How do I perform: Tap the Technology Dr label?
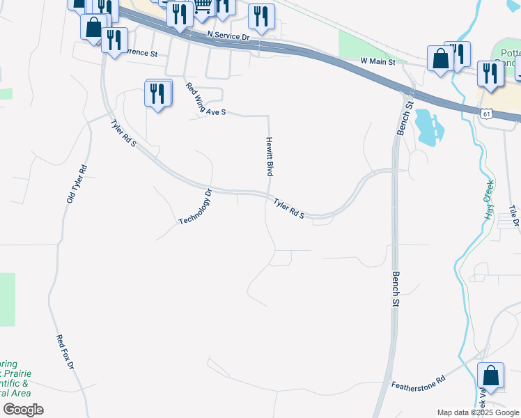tap(194, 207)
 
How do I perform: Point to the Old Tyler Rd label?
tap(76, 184)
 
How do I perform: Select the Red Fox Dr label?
tap(65, 352)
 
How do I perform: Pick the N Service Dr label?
tap(228, 35)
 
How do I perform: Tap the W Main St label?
tap(378, 61)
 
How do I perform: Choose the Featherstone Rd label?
tap(418, 383)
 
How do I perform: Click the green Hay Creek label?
tap(489, 200)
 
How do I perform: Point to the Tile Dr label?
tap(514, 216)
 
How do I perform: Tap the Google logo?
tap(22, 410)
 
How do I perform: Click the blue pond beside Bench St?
tap(428, 127)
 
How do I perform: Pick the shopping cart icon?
tap(203, 6)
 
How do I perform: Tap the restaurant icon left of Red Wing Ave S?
tap(158, 93)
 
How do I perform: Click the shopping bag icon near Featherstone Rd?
tap(490, 375)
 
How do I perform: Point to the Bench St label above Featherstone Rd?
tap(396, 290)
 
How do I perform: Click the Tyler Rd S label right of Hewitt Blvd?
tap(289, 208)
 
